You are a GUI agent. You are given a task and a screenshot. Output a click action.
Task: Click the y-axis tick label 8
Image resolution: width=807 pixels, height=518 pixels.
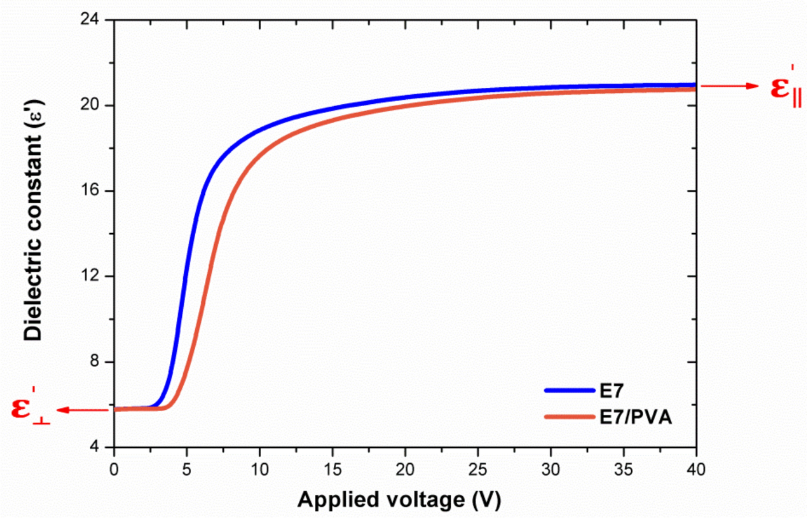click(94, 362)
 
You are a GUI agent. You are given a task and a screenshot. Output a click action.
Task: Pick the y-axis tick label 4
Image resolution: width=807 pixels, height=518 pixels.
click(94, 447)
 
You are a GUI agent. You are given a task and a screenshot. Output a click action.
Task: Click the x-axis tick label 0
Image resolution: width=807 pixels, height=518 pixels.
click(114, 470)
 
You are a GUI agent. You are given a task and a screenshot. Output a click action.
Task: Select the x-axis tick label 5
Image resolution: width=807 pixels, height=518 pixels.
click(187, 470)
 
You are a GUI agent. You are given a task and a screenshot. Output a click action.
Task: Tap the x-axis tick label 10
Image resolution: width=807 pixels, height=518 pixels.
click(259, 470)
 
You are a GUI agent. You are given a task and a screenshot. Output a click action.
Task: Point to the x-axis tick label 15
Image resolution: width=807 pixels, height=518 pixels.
click(332, 470)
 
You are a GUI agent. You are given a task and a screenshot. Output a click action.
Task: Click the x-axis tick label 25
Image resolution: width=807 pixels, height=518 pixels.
click(478, 470)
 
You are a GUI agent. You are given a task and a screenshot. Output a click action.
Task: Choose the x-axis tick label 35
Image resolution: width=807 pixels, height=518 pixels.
click(624, 470)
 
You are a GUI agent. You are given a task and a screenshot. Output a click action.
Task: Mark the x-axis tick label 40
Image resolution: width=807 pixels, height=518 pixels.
click(696, 470)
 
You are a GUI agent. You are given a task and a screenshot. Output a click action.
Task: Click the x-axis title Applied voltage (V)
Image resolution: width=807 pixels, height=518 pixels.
click(399, 500)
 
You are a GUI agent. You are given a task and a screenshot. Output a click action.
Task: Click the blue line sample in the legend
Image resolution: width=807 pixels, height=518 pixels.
click(570, 391)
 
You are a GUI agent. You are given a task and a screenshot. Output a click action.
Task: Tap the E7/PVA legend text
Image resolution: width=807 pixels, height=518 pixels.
click(636, 417)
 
